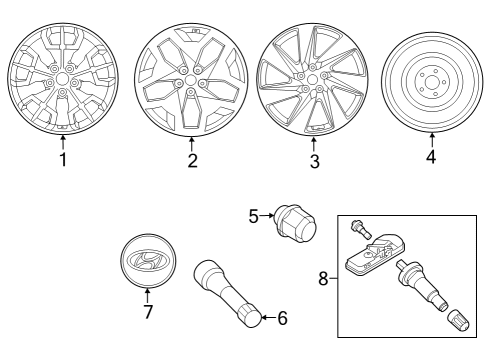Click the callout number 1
coord(63,159)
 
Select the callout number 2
coord(192,160)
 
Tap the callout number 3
coord(315,161)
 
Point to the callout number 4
coord(431,156)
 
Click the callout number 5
coord(254,217)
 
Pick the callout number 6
coord(282,318)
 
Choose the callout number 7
coord(148,312)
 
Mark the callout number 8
coord(323,279)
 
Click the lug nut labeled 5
coord(295,226)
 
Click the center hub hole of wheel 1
coord(62,79)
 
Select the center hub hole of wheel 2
coord(190,80)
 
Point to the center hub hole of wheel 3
coord(312,80)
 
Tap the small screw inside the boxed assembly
coord(360,230)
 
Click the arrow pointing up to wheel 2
coord(191,145)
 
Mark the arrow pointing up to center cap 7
coord(147,296)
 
